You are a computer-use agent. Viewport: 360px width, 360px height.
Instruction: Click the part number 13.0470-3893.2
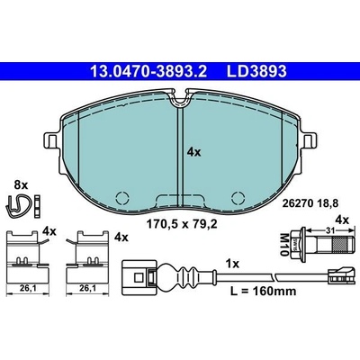point(148,72)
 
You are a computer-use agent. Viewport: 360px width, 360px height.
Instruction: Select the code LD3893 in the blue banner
point(256,72)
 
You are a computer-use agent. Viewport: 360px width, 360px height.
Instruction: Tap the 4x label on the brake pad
point(193,152)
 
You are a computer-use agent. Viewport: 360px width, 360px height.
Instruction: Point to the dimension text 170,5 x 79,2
point(181,224)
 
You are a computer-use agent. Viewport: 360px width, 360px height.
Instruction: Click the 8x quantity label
point(21,185)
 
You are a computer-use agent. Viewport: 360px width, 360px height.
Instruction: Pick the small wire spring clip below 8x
point(19,205)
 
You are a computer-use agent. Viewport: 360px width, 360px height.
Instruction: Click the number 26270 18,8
point(310,203)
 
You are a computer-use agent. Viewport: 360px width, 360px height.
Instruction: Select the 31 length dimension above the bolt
point(328,230)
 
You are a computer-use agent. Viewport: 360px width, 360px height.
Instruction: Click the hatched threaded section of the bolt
point(341,244)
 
